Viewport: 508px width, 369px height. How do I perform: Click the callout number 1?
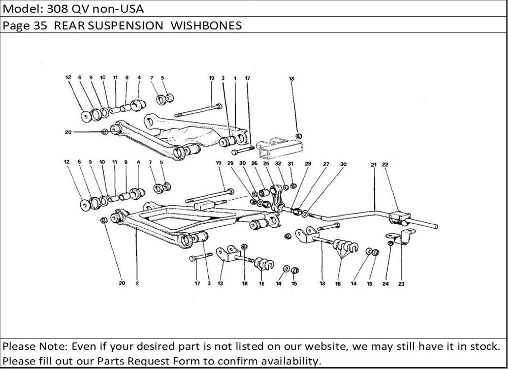(235, 78)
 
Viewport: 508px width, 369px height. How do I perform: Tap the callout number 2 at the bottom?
(137, 283)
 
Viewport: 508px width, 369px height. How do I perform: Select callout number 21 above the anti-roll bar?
(373, 164)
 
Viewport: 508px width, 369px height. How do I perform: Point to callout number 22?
(385, 164)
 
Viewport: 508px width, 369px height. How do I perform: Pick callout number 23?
(401, 284)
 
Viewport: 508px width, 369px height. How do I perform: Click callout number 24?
(386, 284)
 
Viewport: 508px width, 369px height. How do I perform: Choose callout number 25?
(266, 164)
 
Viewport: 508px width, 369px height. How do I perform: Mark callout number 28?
(308, 164)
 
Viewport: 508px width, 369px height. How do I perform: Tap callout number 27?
(326, 164)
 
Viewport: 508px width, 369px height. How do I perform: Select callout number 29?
(230, 163)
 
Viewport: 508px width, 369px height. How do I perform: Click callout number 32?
(278, 164)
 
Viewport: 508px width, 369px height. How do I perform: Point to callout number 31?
(290, 164)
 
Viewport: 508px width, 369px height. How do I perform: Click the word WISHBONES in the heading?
(206, 25)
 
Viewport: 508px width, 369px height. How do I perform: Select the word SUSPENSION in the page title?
(125, 25)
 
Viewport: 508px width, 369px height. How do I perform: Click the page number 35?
(41, 25)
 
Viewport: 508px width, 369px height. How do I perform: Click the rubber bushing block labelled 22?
(399, 218)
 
